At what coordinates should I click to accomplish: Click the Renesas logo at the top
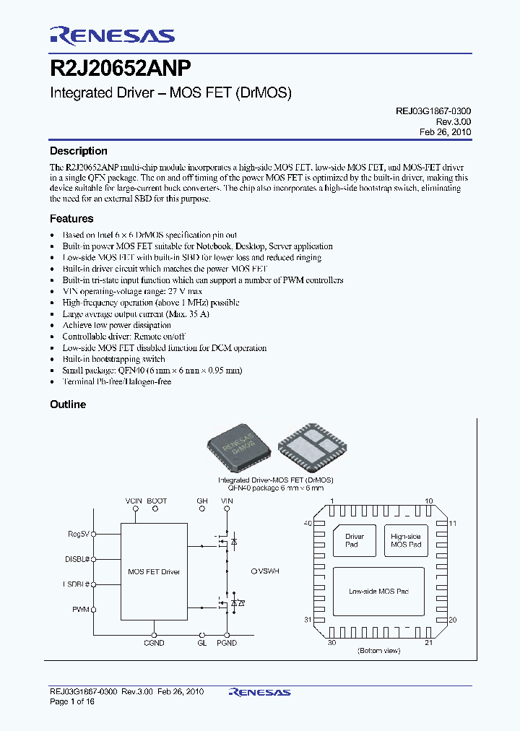[112, 35]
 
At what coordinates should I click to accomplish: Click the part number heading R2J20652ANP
[121, 69]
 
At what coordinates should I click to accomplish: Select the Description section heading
[78, 151]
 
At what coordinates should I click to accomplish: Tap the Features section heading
[71, 218]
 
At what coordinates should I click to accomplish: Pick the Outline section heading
[68, 405]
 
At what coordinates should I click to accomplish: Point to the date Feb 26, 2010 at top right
[446, 133]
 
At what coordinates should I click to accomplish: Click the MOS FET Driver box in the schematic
[154, 572]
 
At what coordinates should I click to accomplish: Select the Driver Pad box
[355, 540]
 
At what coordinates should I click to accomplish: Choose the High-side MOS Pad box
[405, 540]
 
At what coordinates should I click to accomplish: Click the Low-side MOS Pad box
[378, 592]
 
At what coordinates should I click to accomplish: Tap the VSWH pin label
[267, 571]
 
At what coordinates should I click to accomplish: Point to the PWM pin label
[80, 610]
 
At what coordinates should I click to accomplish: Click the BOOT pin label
[156, 501]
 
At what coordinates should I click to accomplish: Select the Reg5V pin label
[78, 534]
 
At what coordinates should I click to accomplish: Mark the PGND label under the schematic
[227, 643]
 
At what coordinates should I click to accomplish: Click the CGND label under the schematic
[154, 643]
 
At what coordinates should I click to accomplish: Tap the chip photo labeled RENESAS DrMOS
[238, 448]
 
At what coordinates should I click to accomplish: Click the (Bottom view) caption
[378, 651]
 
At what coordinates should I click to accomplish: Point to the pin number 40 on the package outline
[308, 523]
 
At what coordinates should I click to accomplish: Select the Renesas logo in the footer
[259, 692]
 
